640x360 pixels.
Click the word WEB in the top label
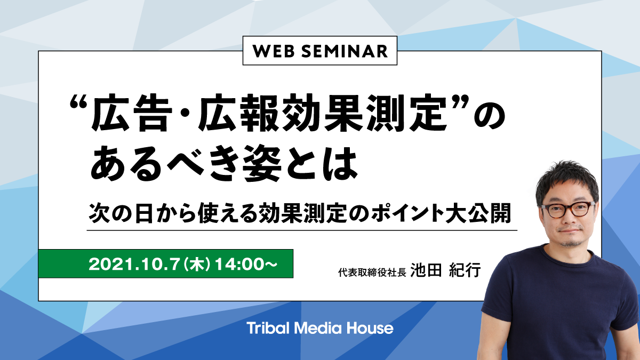[x=274, y=51]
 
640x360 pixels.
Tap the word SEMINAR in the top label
[x=345, y=51]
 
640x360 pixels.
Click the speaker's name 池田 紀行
[x=446, y=270]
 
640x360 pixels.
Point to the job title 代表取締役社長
[x=372, y=273]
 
